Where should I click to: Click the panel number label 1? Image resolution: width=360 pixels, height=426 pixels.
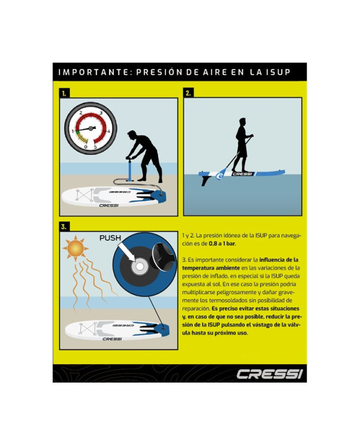(64, 94)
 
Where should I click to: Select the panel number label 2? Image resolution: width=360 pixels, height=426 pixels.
(188, 93)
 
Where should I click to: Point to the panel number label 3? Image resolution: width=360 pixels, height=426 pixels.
(64, 226)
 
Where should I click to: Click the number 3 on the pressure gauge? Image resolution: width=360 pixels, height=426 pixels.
(101, 113)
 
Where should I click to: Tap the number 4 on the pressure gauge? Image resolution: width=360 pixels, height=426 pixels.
(109, 132)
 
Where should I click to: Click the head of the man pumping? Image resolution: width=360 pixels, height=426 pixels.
(132, 135)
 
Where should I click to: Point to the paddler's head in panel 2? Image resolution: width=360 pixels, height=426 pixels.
(242, 122)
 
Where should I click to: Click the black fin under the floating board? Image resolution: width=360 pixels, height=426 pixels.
(205, 181)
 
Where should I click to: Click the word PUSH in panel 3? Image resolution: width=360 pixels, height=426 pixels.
(110, 238)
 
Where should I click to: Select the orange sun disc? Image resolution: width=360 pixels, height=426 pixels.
(76, 249)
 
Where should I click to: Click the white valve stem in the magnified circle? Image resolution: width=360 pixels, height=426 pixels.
(139, 267)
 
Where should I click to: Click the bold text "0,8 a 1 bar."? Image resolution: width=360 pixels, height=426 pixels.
(222, 244)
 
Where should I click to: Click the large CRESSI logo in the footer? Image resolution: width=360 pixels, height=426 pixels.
(270, 374)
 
